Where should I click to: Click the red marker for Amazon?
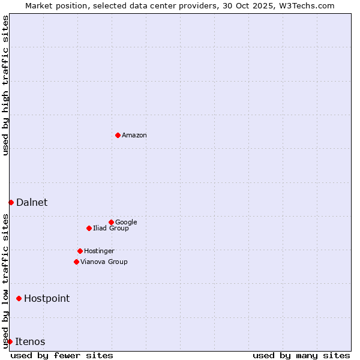click(118, 135)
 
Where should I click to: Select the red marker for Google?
click(111, 222)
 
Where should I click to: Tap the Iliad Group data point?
click(89, 228)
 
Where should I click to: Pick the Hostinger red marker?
click(80, 251)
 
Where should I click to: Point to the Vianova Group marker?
click(76, 262)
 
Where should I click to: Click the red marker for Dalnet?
click(11, 202)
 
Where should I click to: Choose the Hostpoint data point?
click(19, 298)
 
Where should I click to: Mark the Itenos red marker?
click(10, 341)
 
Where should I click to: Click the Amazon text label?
click(134, 136)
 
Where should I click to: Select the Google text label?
click(126, 223)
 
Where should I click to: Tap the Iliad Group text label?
click(110, 229)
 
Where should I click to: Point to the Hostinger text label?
click(99, 251)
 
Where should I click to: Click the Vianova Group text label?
click(104, 262)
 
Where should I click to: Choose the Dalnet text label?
click(32, 203)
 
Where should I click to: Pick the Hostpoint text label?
click(47, 299)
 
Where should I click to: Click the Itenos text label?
click(30, 342)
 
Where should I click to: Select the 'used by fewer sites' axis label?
click(62, 355)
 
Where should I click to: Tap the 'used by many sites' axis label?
click(301, 355)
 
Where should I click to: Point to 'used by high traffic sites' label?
click(5, 85)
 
